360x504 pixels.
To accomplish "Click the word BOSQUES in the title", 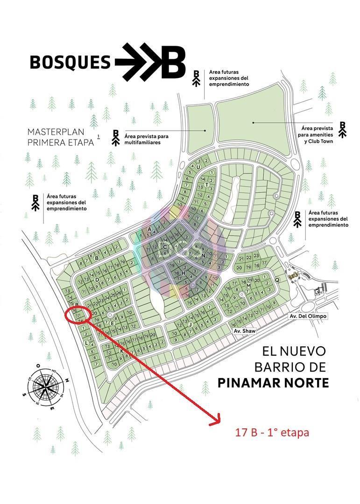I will coord(70,62).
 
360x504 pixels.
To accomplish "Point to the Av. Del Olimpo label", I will coord(308,316).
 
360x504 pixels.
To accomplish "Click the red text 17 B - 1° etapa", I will coord(272,433).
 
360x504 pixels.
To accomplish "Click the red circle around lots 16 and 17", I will coord(78,314).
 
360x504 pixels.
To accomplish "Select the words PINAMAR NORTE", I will coord(273,383).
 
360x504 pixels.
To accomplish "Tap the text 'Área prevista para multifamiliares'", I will coord(146,139).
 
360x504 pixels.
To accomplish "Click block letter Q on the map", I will coord(277,280).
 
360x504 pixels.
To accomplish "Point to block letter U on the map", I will coord(198,168).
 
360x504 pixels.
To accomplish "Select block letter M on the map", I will coord(249,286).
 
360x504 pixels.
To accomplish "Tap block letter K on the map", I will coord(122,350).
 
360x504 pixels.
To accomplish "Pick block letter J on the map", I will coord(191,324).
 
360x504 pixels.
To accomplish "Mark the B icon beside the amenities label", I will coord(343,129).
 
